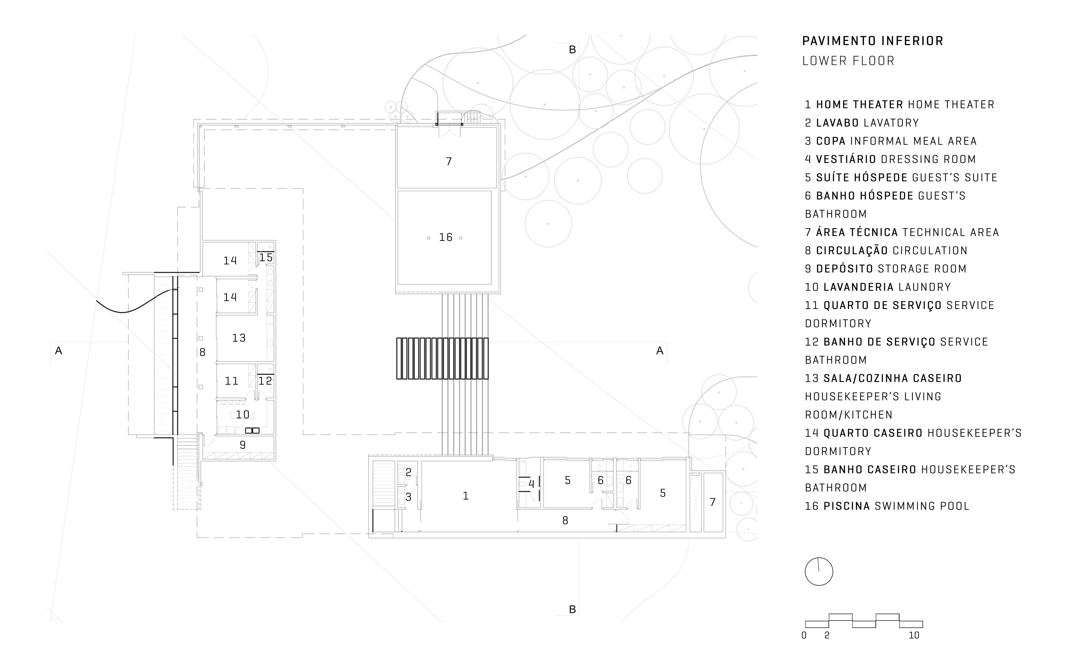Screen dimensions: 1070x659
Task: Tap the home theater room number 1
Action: pyautogui.click(x=466, y=496)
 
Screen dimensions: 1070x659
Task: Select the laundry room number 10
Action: pyautogui.click(x=243, y=415)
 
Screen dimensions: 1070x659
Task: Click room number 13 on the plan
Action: pyautogui.click(x=239, y=337)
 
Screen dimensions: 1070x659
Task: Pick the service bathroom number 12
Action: pyautogui.click(x=265, y=381)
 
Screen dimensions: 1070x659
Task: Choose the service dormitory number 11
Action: pyautogui.click(x=231, y=381)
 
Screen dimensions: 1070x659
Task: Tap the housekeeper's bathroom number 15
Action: pyautogui.click(x=266, y=257)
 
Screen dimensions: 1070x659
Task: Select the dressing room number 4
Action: pyautogui.click(x=531, y=483)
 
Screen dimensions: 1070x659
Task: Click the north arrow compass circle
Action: pyautogui.click(x=818, y=571)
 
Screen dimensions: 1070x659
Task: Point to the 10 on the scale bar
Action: pyautogui.click(x=914, y=635)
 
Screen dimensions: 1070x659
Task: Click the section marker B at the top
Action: pyautogui.click(x=572, y=50)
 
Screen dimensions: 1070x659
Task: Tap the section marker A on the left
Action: pyautogui.click(x=59, y=350)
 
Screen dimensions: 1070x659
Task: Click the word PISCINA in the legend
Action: pyautogui.click(x=847, y=506)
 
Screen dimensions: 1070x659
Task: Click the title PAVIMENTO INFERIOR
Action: pyautogui.click(x=873, y=41)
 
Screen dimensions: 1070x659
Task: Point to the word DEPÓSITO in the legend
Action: pyautogui.click(x=845, y=268)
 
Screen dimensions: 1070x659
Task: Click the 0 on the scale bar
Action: pyautogui.click(x=804, y=635)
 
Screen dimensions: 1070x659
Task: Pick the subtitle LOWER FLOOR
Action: pyautogui.click(x=848, y=61)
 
